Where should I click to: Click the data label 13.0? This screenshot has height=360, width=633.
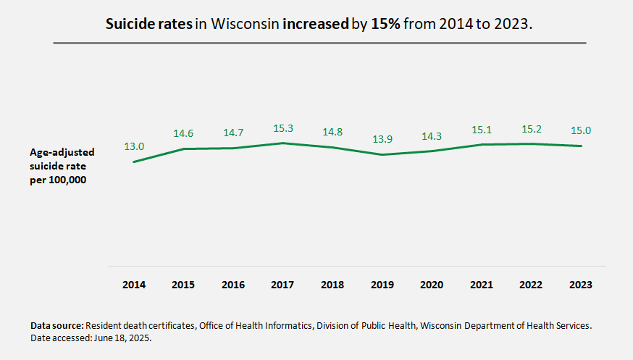(134, 146)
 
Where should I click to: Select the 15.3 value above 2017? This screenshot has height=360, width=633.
(283, 128)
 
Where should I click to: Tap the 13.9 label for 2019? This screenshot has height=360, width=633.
(382, 138)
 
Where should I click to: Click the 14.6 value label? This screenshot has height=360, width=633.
(184, 134)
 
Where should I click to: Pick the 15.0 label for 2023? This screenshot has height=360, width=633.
(581, 130)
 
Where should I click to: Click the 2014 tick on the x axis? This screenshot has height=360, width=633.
(134, 285)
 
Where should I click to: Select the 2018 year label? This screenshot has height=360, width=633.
(332, 285)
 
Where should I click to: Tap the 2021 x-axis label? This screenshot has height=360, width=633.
(482, 285)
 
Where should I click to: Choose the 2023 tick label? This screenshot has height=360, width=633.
(581, 285)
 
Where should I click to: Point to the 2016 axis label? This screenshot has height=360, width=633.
(233, 285)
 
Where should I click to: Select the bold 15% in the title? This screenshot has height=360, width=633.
(385, 24)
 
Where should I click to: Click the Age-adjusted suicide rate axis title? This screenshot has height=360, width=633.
(62, 166)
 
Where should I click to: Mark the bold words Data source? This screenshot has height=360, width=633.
(56, 326)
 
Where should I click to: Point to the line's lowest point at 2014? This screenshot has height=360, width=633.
(134, 162)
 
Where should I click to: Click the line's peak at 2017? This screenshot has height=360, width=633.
(283, 143)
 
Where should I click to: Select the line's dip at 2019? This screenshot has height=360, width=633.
(382, 154)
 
